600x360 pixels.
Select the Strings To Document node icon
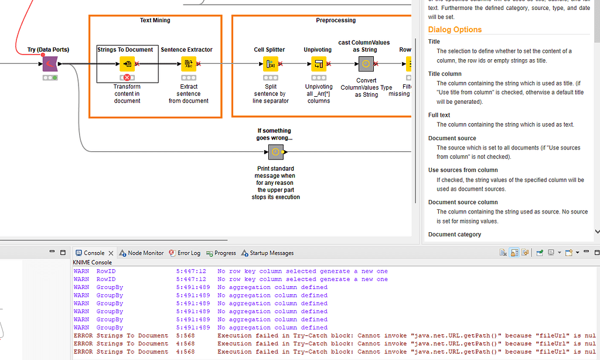pos(127,64)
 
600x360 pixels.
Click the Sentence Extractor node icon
pos(189,64)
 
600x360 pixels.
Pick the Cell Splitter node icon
pos(270,64)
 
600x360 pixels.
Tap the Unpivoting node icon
pos(319,64)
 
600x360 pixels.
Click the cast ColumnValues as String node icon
pos(366,64)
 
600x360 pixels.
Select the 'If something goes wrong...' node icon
pos(275,152)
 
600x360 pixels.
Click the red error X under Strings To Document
pos(127,78)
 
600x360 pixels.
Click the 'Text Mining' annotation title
pos(155,21)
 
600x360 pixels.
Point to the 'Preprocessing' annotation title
pos(336,21)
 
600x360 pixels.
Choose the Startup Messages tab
pos(271,253)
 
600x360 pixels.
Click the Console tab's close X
pos(111,253)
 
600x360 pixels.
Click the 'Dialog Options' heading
pos(455,30)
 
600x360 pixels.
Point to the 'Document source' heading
pos(452,138)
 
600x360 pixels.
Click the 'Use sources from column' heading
pos(463,170)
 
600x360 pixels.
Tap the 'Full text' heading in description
pos(439,115)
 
